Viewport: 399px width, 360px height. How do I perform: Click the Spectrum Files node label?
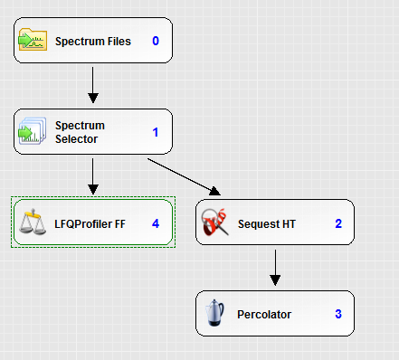[x=93, y=42]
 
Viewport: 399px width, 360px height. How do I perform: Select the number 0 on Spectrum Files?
[x=156, y=41]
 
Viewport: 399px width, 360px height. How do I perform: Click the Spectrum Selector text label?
[x=80, y=132]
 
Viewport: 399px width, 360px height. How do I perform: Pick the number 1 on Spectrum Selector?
[x=156, y=132]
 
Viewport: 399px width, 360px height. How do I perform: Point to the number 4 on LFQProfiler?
[x=156, y=222]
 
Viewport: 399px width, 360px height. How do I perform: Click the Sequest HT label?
[x=267, y=223]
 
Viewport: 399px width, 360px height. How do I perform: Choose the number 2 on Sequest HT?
[x=337, y=223]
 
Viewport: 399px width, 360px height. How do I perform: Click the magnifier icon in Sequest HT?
[x=215, y=223]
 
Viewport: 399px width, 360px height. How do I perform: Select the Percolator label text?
[x=264, y=314]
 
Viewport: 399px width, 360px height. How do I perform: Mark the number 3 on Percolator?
[x=337, y=314]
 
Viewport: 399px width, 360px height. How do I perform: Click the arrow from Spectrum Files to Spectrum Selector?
[x=93, y=87]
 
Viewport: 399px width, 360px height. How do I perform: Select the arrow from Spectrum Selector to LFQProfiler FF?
[x=93, y=177]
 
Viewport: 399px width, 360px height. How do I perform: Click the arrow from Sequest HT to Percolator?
[x=275, y=268]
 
